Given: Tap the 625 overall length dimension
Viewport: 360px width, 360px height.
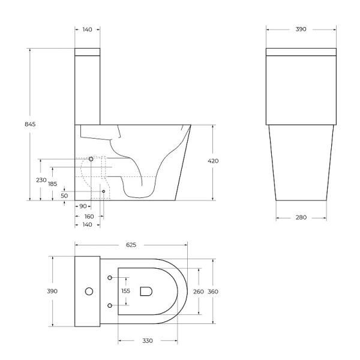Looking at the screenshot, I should point(131,245).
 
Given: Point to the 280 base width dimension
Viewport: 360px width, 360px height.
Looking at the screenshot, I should point(301,217).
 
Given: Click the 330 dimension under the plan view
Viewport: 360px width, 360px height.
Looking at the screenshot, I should point(148,341).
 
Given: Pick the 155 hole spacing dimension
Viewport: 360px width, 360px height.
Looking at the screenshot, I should point(125,291).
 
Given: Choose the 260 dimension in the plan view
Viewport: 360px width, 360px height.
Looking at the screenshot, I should point(198,292).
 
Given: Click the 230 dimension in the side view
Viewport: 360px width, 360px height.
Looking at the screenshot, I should point(41,180).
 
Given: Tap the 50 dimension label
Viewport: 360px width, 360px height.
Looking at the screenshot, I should point(64,196).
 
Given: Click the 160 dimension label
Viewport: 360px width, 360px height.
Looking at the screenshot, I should point(88,216).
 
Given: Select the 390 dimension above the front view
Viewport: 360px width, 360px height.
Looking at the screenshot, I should point(301,28).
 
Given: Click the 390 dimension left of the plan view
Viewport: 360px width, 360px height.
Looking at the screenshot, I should point(53,291).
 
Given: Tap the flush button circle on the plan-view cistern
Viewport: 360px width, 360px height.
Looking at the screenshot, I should point(89,292).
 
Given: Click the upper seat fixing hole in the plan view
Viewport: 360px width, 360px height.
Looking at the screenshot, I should point(110,277).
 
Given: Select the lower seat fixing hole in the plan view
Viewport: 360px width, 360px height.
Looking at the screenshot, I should point(110,305).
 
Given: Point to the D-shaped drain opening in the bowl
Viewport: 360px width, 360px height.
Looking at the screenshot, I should point(146,292).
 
